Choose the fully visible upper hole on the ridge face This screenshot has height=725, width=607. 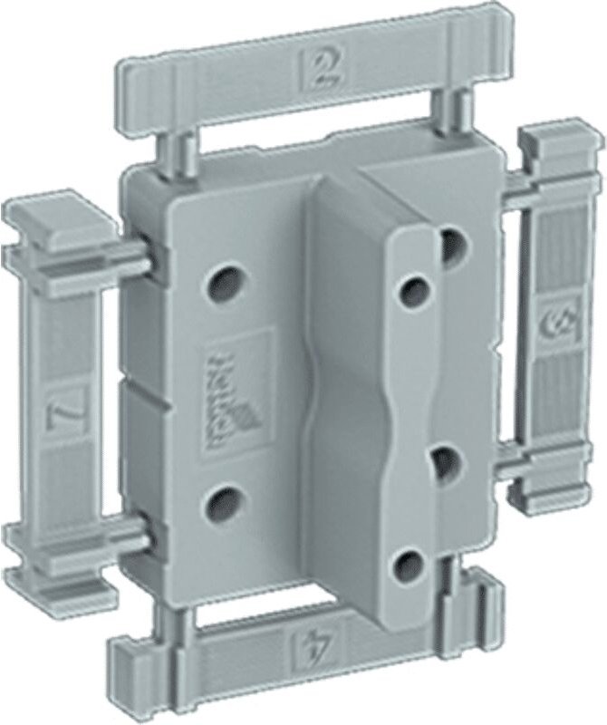click(x=416, y=290)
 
